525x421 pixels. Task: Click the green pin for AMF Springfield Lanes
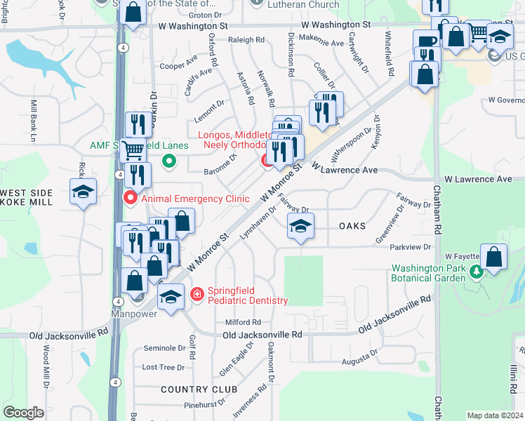[168, 162]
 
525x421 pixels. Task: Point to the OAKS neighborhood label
[352, 226]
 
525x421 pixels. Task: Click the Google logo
[23, 413]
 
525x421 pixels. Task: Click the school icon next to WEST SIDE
[83, 192]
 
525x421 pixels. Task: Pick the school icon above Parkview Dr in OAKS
[300, 226]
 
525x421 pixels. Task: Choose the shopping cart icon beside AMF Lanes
[132, 150]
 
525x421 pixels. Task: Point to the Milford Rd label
[243, 322]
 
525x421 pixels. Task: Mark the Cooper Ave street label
[178, 66]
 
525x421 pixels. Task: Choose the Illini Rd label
[516, 380]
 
